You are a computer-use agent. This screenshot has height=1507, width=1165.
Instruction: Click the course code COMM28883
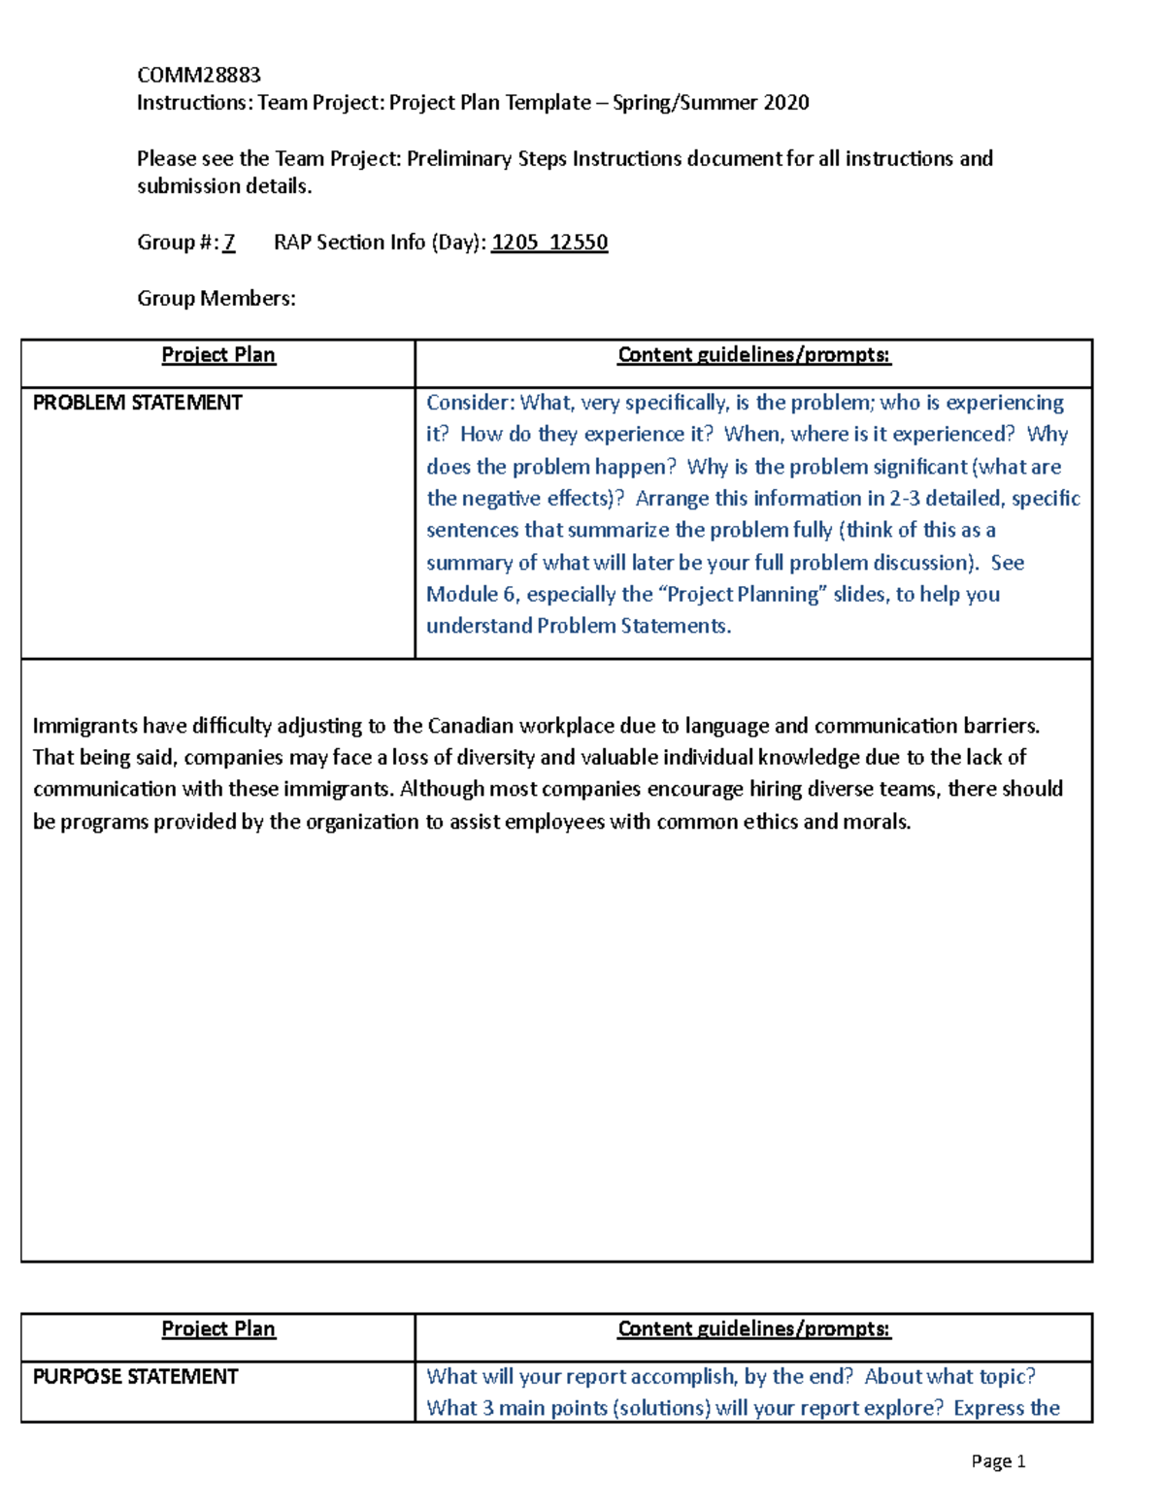coord(198,75)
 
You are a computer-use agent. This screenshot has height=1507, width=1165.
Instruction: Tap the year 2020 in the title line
coord(785,103)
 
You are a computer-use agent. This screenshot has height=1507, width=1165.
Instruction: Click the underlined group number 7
coord(229,243)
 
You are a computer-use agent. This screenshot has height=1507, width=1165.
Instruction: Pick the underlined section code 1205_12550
coord(549,243)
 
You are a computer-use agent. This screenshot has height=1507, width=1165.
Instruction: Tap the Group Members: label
coord(216,299)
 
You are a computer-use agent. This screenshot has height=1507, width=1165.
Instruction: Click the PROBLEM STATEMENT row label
coord(137,403)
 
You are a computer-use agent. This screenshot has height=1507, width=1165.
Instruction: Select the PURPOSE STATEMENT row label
coord(135,1377)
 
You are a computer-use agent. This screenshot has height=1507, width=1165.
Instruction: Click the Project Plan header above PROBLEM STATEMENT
coord(218,355)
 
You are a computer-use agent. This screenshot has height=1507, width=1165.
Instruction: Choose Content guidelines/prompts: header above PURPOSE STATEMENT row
coord(753,1329)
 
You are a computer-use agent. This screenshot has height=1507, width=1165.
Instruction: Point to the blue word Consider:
coord(470,403)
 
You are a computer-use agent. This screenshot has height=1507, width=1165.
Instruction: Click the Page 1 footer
coord(998,1461)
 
